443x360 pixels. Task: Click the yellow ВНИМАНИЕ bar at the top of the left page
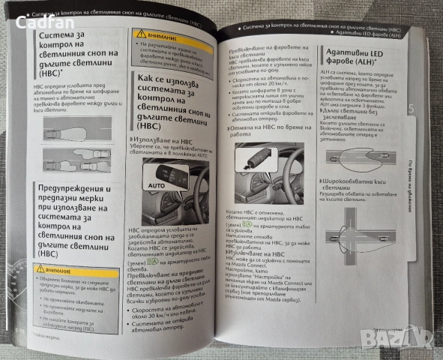162,34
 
